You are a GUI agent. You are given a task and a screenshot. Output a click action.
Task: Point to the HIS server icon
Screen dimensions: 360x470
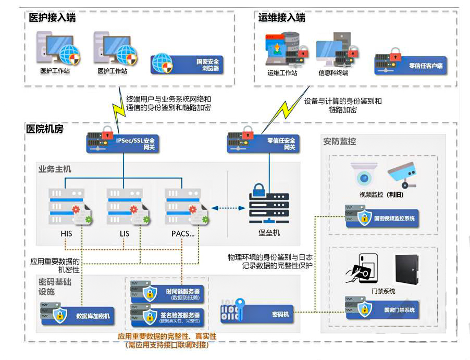click(67, 206)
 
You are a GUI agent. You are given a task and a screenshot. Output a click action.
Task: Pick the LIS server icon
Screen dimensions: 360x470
click(125, 206)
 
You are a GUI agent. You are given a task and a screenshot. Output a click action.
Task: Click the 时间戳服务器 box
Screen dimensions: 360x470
click(167, 294)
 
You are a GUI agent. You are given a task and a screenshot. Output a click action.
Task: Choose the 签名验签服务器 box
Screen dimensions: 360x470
click(167, 317)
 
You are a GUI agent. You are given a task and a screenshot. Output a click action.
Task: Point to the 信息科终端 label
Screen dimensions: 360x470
click(333, 73)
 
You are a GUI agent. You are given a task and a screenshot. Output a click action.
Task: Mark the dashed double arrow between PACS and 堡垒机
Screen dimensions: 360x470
click(228, 207)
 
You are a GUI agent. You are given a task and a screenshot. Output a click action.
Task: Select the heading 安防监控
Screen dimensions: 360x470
click(340, 141)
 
